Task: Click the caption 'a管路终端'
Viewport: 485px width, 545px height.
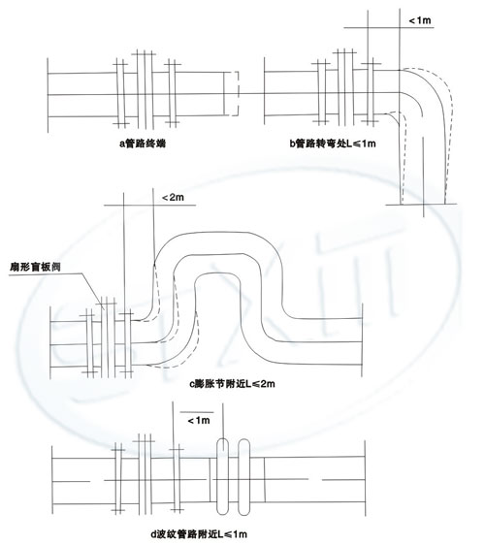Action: (x=143, y=144)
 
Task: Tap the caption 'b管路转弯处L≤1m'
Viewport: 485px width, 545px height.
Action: (x=333, y=144)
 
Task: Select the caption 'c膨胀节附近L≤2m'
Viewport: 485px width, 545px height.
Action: (x=232, y=384)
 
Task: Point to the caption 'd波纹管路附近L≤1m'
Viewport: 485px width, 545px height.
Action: (x=199, y=534)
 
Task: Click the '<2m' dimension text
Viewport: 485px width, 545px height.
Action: (x=173, y=198)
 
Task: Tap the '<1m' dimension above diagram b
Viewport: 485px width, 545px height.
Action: (x=420, y=20)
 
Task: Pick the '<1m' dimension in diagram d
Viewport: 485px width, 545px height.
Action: (x=199, y=421)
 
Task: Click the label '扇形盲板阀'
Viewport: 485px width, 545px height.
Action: (x=35, y=267)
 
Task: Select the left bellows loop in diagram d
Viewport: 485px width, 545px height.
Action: (x=222, y=476)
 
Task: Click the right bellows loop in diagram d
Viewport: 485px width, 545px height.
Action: (x=244, y=476)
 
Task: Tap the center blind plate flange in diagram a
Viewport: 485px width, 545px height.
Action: (x=145, y=89)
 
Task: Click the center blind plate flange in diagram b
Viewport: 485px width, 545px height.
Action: (x=345, y=87)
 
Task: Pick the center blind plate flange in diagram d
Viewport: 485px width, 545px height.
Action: (x=145, y=474)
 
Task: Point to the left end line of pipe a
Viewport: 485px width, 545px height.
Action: (x=48, y=95)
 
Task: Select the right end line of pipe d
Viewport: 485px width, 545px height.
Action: (x=365, y=478)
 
